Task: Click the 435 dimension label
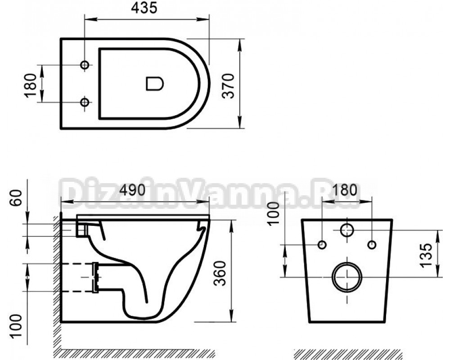pos(144,9)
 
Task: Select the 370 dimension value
pos(229,86)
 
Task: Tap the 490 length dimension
pos(133,190)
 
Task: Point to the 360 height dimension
pos(220,273)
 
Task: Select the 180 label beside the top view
pos(31,85)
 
